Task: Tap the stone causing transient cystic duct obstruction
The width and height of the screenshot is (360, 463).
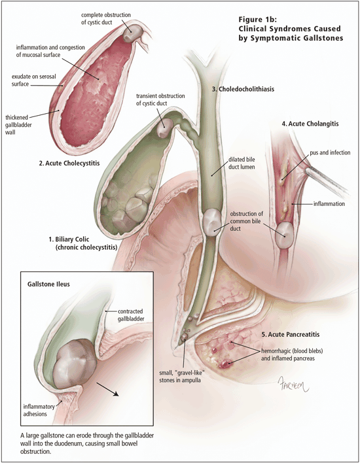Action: [x=164, y=128]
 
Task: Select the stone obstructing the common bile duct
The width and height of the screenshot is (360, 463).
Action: [x=212, y=222]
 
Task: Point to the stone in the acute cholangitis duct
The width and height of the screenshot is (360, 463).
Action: [x=284, y=235]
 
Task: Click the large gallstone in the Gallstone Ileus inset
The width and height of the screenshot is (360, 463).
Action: [x=77, y=364]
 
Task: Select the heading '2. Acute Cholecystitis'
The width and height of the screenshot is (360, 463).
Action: [x=69, y=163]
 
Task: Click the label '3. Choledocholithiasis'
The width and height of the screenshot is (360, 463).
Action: [x=243, y=89]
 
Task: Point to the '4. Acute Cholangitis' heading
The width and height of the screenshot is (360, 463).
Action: [x=310, y=124]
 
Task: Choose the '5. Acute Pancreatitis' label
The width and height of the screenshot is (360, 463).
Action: [x=291, y=334]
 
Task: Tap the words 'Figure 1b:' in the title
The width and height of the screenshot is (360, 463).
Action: [x=257, y=20]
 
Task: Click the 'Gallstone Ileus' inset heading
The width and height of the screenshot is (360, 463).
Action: [x=48, y=284]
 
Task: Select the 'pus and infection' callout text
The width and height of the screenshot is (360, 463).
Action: [x=330, y=152]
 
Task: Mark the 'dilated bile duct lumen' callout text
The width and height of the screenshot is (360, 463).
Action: [x=242, y=163]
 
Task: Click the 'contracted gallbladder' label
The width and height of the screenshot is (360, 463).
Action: [x=131, y=315]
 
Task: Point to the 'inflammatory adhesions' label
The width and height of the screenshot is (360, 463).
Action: [x=39, y=410]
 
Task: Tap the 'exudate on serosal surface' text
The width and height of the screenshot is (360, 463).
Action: [x=33, y=80]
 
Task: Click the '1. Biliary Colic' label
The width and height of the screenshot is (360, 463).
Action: [x=69, y=239]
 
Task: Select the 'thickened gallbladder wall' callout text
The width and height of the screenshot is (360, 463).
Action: [x=18, y=125]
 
